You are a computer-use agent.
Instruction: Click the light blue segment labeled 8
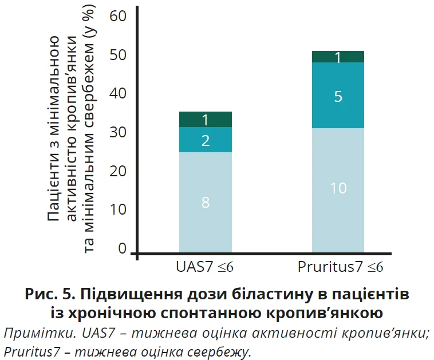(206, 201)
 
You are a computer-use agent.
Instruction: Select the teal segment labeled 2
(206, 140)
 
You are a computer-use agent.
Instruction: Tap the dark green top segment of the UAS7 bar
(206, 119)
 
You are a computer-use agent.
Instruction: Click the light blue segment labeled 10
(338, 189)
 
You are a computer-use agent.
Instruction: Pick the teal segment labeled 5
(338, 96)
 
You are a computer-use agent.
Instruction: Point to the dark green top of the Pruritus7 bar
(338, 57)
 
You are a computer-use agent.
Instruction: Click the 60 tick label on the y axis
(117, 16)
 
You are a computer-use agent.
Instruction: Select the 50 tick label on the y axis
(117, 56)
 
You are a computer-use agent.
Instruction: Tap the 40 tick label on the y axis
(117, 94)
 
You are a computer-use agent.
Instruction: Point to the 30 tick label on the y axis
(117, 133)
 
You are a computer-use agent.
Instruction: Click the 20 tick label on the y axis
(117, 171)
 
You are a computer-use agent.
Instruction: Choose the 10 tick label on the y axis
(117, 210)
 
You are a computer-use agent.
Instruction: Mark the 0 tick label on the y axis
(122, 248)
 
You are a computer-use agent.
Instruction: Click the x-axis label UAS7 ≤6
(204, 268)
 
